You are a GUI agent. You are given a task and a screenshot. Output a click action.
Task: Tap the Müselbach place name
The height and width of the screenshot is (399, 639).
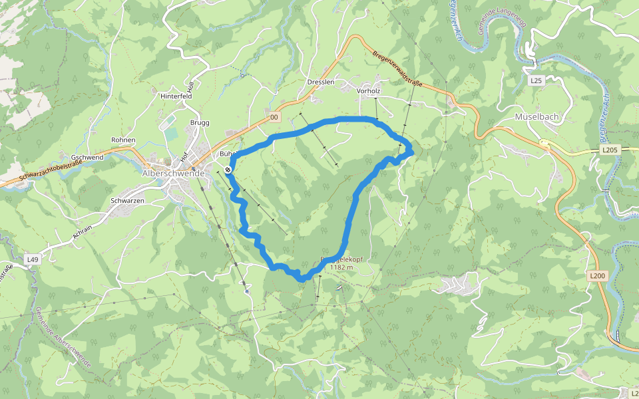(x=536, y=116)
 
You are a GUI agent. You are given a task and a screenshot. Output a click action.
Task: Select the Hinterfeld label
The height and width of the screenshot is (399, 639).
(x=176, y=96)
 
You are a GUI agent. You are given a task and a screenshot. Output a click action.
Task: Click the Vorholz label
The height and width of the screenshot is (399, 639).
(x=368, y=90)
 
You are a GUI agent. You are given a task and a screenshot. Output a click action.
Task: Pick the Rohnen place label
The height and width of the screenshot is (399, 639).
(x=123, y=140)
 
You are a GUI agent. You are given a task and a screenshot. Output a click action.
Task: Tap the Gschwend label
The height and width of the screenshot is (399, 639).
(x=87, y=157)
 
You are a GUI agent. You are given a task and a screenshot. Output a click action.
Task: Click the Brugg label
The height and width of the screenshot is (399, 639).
(x=200, y=123)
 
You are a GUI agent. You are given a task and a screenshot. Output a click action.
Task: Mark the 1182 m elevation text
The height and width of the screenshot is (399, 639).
(x=341, y=267)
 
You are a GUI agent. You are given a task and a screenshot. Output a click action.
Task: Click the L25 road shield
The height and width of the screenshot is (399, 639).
(x=536, y=80)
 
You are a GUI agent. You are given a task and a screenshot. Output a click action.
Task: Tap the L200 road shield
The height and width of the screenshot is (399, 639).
(x=596, y=275)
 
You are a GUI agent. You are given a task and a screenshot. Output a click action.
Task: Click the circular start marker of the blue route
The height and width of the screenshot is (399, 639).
(x=228, y=170)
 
